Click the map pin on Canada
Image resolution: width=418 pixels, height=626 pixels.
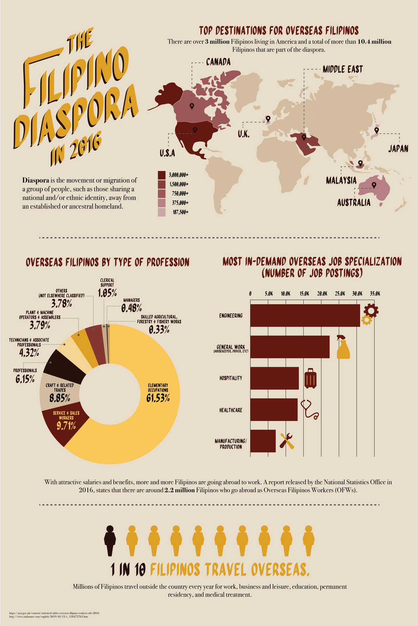point(192,106)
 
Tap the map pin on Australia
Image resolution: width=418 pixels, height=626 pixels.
point(374,185)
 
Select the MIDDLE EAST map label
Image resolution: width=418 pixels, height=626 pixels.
point(342,69)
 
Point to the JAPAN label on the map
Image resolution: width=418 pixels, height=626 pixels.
point(398,149)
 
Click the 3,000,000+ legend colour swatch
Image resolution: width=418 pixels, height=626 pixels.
point(162,175)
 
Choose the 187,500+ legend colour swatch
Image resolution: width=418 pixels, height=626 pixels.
point(162,212)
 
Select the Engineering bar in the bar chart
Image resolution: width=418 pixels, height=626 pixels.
point(305,315)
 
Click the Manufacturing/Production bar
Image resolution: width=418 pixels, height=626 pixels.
point(263,441)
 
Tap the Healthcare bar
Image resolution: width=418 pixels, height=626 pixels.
point(274,410)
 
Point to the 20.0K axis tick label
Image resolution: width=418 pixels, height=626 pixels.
point(322,294)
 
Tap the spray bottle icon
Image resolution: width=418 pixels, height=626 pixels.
point(343,347)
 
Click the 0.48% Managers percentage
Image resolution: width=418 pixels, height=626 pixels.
point(131,308)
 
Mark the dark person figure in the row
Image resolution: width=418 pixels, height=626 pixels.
point(110,540)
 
